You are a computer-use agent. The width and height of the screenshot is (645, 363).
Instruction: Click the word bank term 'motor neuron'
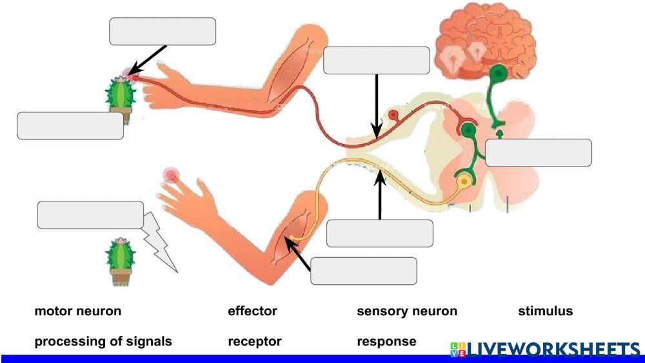[x=77, y=311]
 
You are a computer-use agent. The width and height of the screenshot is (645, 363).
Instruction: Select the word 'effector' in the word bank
[x=252, y=311]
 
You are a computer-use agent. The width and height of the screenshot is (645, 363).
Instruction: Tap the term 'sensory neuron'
[x=407, y=311]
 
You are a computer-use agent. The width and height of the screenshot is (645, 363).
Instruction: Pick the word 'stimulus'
[x=545, y=311]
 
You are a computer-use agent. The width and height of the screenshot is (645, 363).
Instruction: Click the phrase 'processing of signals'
[x=103, y=341]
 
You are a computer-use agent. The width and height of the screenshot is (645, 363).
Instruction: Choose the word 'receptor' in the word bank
[x=255, y=341]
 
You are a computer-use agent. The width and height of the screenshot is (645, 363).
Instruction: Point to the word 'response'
[x=386, y=341]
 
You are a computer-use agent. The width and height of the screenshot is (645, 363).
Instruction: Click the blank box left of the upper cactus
[x=70, y=126]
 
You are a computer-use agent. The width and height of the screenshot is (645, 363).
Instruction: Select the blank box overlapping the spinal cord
[x=538, y=153]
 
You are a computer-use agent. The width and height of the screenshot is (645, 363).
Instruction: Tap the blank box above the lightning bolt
[x=90, y=215]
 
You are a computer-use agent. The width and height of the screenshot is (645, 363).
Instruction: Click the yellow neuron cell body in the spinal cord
[x=463, y=183]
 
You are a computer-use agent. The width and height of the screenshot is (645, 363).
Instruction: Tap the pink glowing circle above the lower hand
[x=171, y=174]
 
